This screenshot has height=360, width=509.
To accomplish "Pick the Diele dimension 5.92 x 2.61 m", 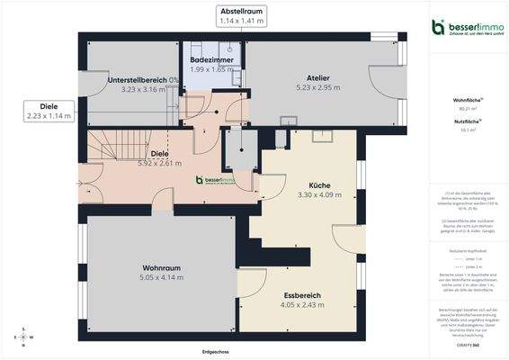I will pos(159,163).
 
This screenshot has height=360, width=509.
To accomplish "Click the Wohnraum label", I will pos(162,268).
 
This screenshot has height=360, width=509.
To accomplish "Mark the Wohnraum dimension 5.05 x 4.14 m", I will pos(162,277).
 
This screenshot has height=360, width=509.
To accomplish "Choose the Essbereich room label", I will pos(302,295).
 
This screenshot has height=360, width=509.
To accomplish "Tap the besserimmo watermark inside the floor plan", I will pos(216,180).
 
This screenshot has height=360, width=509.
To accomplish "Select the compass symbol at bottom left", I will pos(22,337).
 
